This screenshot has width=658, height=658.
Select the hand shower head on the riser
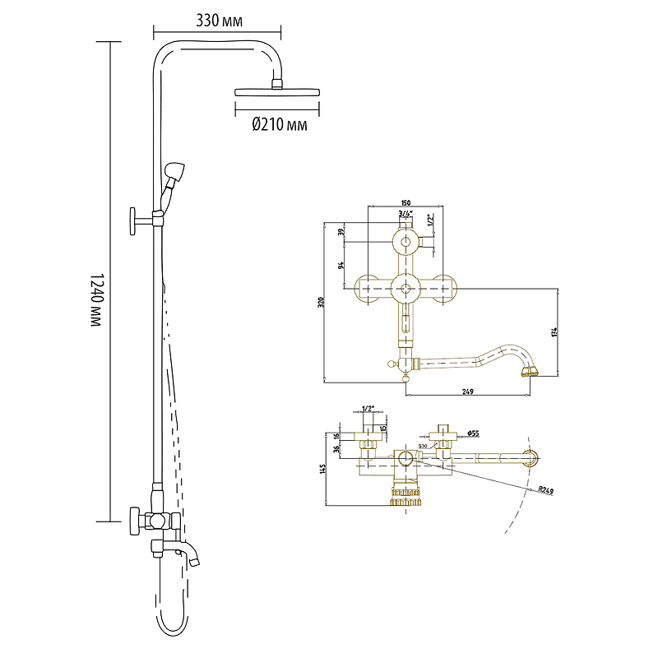pos(176,172)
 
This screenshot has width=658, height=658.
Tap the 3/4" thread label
pos(405,214)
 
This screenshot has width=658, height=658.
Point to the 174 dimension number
pos(554,331)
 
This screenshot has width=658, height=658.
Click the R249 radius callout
pos(545,490)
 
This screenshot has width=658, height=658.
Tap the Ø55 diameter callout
pos(472,433)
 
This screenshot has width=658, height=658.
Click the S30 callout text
pos(423,446)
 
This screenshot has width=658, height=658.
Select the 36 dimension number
pos(336,449)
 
